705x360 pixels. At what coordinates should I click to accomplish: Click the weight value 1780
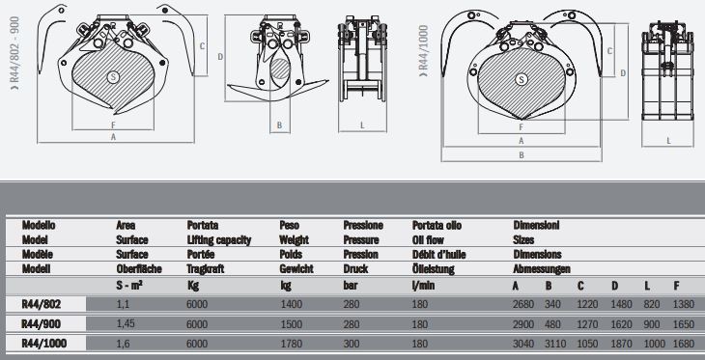[290, 343]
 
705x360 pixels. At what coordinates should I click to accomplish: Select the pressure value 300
[352, 343]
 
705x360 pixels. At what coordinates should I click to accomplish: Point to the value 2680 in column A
[522, 303]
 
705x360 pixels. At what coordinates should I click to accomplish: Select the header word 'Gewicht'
[296, 269]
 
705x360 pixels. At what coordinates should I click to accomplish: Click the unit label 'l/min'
[422, 286]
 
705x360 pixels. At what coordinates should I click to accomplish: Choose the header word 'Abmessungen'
[542, 269]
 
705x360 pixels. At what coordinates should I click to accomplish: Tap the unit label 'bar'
[351, 286]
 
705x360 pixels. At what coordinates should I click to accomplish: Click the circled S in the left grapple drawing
[113, 75]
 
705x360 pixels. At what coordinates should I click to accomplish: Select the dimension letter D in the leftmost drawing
[221, 57]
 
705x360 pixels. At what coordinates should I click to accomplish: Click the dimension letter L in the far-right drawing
[668, 140]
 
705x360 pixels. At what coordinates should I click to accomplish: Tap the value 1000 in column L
[654, 343]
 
